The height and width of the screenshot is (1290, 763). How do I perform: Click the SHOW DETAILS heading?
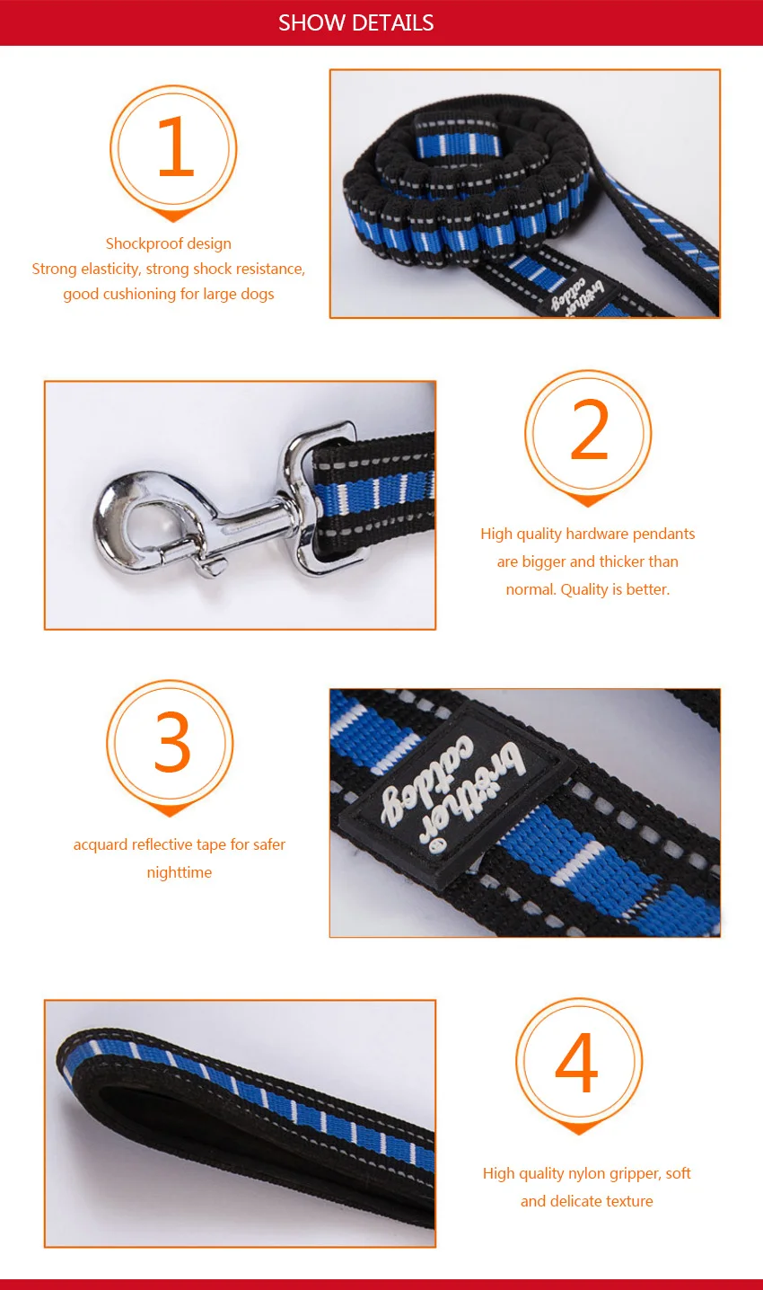355,22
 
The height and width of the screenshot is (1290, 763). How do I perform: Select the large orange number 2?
589,429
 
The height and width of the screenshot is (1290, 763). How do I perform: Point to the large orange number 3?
172,742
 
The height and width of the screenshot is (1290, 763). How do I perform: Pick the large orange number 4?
576,1061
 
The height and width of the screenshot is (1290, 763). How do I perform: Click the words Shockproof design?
169,243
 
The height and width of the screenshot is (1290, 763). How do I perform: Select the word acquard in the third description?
101,844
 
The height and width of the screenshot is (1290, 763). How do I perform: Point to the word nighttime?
179,872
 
